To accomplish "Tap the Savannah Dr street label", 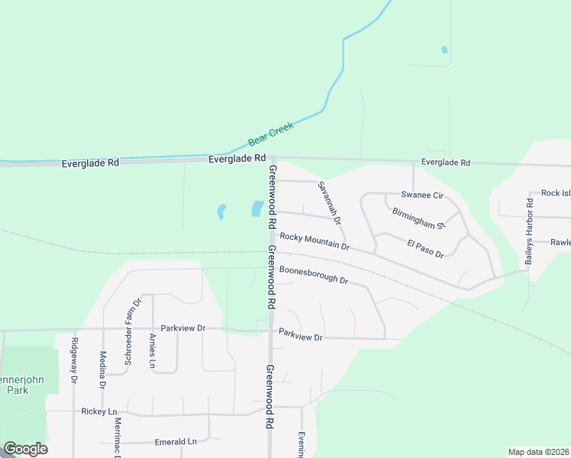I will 329,202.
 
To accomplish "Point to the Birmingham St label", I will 418,218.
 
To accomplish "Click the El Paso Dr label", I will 425,248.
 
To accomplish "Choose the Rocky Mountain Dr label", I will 314,241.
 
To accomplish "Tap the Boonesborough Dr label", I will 313,275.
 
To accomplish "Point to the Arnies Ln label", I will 153,351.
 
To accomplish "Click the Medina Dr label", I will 103,369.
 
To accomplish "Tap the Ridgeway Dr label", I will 74,360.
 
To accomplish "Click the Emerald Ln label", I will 176,442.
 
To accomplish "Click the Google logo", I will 25,449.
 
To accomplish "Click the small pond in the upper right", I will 444,51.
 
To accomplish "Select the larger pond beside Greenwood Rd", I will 257,208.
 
